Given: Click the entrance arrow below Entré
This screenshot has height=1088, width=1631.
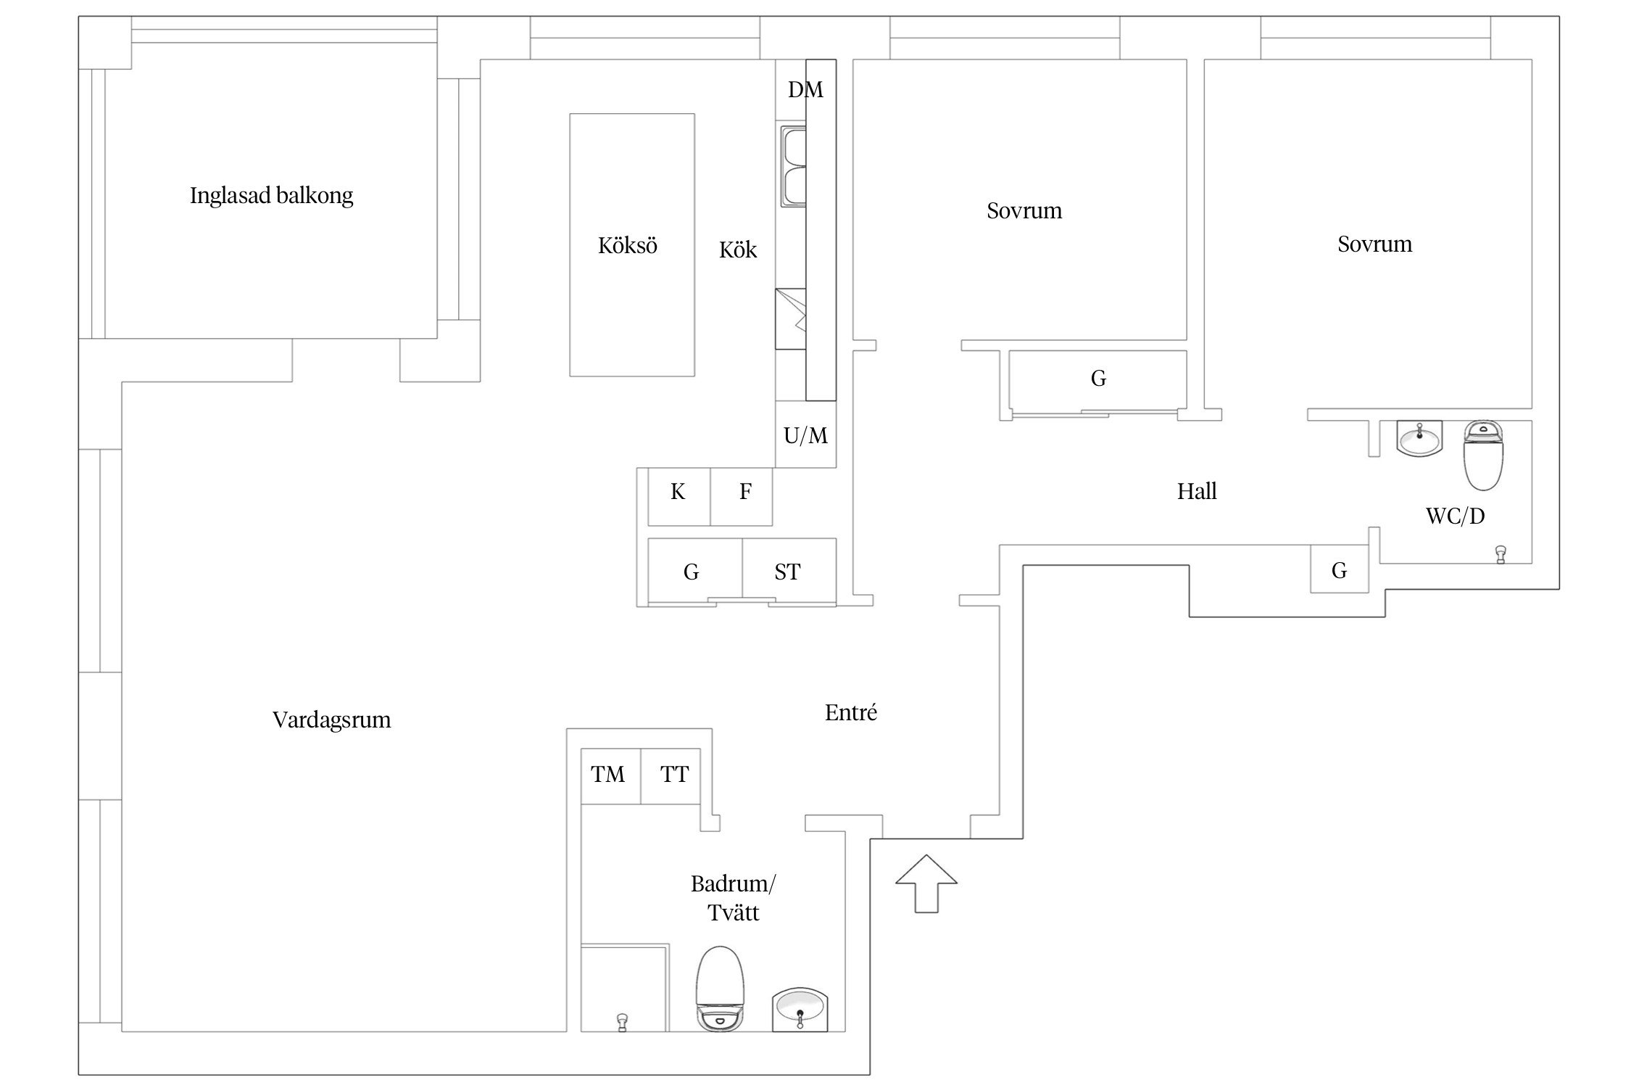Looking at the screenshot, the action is (x=926, y=883).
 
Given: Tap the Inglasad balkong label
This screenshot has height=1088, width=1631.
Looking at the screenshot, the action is (x=271, y=196).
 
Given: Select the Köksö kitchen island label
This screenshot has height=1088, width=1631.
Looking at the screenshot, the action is (x=628, y=245).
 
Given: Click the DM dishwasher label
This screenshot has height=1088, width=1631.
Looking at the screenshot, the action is (x=805, y=90).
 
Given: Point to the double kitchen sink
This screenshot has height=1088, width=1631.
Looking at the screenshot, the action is (x=793, y=166).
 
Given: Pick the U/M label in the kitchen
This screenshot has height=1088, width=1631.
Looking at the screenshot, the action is (x=805, y=435).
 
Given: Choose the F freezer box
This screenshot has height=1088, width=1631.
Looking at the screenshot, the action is (x=742, y=497).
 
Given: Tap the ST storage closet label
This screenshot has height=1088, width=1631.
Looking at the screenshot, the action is (x=787, y=572).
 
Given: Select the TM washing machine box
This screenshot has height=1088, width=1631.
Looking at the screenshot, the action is (x=611, y=776).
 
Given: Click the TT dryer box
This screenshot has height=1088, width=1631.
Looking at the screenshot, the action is (x=671, y=776).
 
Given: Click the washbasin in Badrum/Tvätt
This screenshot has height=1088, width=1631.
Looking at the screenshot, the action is (x=800, y=1009).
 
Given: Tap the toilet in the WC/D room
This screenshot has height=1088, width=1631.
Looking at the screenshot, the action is (x=1485, y=456).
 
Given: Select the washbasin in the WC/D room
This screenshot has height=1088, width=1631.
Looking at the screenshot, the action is (x=1419, y=438).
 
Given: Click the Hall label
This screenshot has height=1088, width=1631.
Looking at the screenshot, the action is (x=1197, y=492).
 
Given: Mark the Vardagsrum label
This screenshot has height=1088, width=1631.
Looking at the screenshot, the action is (x=331, y=720).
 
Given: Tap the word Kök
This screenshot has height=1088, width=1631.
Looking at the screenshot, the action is (x=738, y=250).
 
